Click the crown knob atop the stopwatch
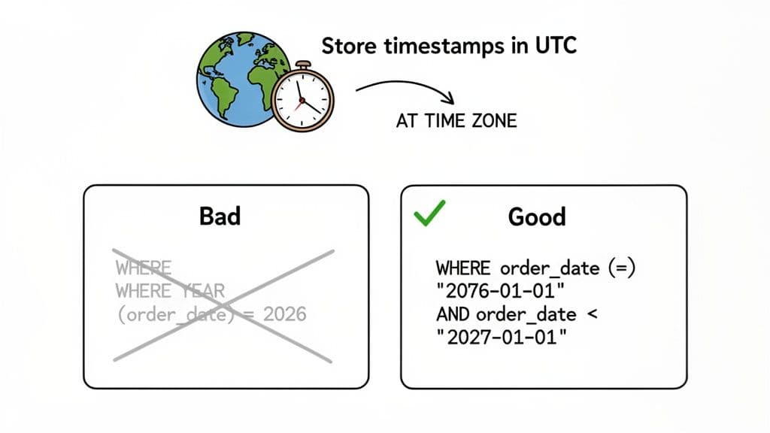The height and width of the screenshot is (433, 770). (302, 65)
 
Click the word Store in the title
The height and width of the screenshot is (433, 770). (351, 47)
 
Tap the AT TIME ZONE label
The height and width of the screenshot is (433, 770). (456, 120)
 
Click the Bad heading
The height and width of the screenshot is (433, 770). (220, 216)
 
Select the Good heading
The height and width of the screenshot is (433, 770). (536, 216)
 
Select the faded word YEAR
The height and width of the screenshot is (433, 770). (199, 290)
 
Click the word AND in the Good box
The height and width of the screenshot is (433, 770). (453, 313)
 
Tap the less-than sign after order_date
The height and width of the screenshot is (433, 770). (591, 313)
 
